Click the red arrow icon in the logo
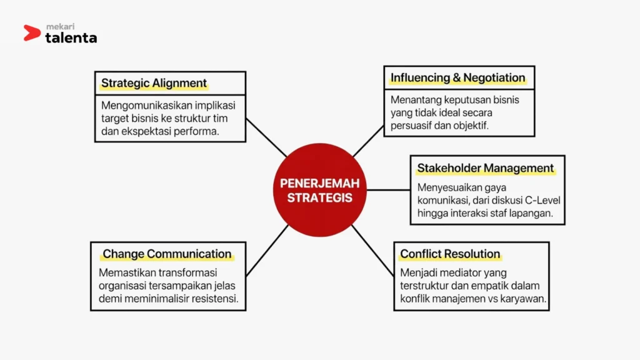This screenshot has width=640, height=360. pos(32,33)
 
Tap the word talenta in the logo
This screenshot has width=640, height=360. pos(71,37)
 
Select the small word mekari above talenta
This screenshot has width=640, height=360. pos(61,26)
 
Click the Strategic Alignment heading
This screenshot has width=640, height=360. pos(154,83)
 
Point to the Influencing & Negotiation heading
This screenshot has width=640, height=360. pos(457,77)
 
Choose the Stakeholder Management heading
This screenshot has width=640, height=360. pos(485,168)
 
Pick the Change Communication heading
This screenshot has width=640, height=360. pos(167,254)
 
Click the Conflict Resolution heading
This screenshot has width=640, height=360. pos(450,254)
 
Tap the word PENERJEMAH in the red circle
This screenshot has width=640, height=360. pos(319,183)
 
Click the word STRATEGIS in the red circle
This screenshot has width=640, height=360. pos(319,197)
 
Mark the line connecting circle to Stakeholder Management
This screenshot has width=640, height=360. pos(388,190)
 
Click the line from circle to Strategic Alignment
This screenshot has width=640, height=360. pos(266,137)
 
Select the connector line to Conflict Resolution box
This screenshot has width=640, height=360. pos(373,251)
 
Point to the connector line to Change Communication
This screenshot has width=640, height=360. pos(267,251)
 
